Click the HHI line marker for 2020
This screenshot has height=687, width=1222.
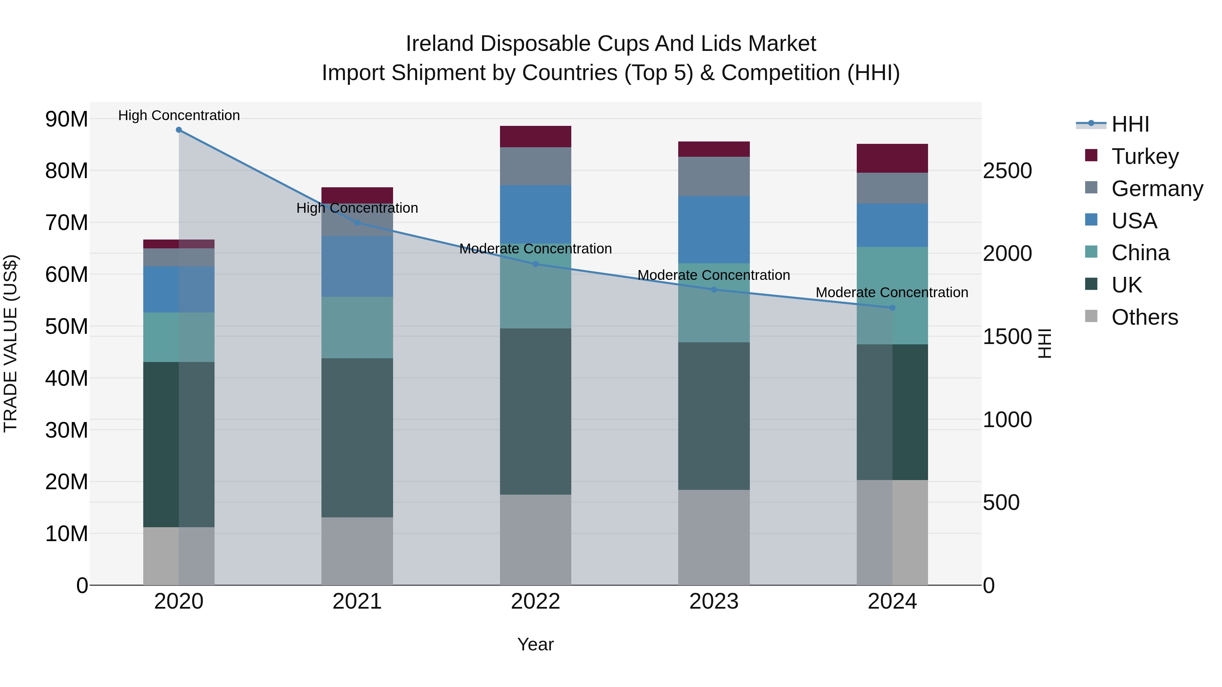(179, 130)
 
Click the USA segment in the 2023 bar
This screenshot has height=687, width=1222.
(714, 229)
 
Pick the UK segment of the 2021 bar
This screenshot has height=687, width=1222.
(357, 437)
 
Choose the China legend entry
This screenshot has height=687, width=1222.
(1140, 253)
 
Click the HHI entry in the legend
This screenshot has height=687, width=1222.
(1129, 124)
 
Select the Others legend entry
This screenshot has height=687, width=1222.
(1144, 317)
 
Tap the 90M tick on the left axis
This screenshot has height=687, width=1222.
(67, 119)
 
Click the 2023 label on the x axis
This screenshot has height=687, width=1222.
(714, 602)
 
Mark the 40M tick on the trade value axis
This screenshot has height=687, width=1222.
(67, 378)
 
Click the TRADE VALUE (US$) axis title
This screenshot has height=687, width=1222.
(11, 343)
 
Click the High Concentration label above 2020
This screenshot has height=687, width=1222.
(179, 115)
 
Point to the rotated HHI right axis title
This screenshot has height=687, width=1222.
(1044, 343)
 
